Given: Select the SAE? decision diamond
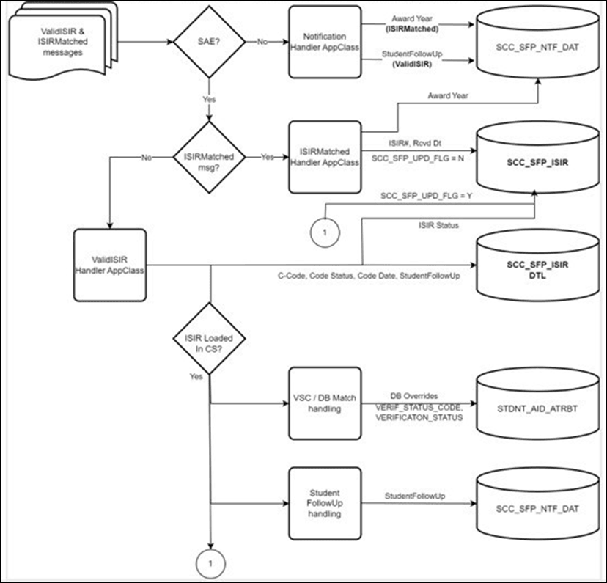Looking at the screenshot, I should (209, 42).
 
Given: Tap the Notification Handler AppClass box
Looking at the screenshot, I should (325, 42).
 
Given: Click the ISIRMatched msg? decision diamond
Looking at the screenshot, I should (208, 156).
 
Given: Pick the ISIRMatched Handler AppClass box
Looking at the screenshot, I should (325, 156).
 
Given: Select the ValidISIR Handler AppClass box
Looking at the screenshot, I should (110, 265).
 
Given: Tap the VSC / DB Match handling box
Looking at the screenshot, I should (325, 403).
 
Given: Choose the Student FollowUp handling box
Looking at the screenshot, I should (325, 503).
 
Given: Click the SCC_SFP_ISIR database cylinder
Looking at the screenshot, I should (537, 160).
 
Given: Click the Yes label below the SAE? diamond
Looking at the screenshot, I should (209, 98).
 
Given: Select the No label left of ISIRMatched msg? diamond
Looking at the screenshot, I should (147, 156).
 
